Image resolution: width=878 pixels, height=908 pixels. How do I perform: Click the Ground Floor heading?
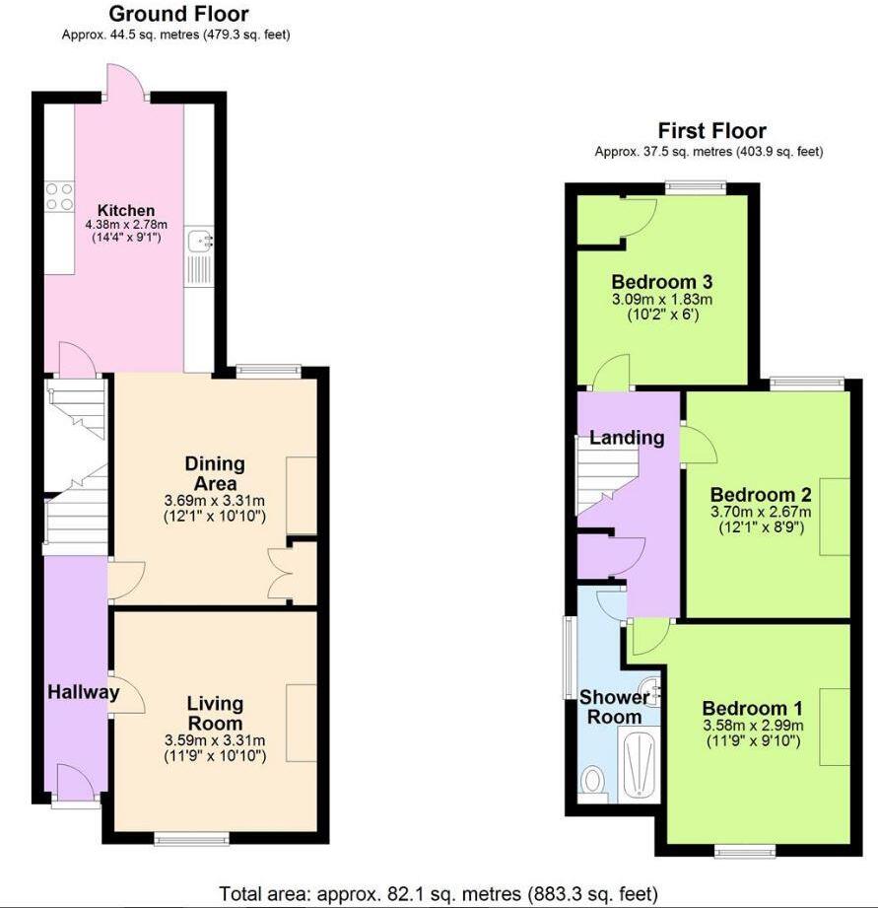177,15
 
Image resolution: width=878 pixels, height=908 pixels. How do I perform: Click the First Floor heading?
711,131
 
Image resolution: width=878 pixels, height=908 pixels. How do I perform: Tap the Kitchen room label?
125,210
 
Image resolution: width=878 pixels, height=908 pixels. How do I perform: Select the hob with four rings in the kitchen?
59,196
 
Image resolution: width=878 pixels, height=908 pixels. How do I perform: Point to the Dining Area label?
215,473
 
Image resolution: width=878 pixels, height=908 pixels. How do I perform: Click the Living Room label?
215,712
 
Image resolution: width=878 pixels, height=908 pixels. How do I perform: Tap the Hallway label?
83,692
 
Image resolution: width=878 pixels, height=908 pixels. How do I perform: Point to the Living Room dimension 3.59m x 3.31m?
215,741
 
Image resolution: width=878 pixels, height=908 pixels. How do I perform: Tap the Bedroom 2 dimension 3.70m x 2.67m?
762,512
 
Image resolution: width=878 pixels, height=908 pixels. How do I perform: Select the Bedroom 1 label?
752,708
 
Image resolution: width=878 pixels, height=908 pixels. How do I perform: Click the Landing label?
627,437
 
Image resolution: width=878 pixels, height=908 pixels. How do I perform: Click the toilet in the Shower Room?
593,781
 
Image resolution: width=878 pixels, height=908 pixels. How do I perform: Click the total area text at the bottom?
438,894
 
